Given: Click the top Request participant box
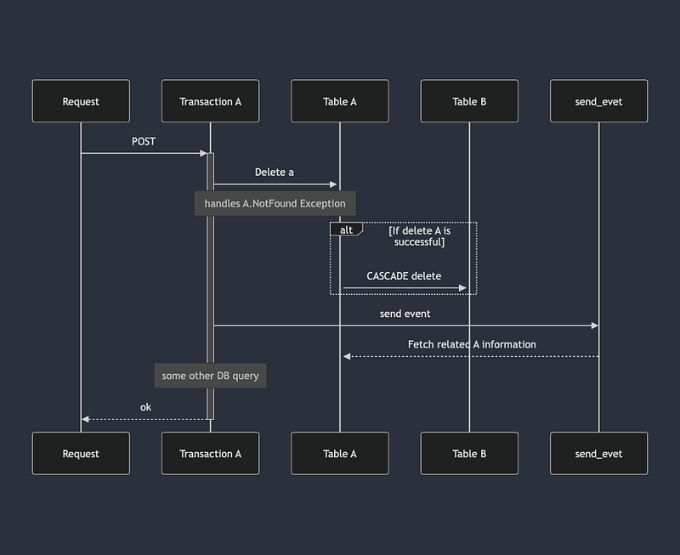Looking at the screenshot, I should click(x=81, y=101).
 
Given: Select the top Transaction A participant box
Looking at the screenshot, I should click(x=210, y=101).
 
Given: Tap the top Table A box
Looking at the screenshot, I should click(x=339, y=101).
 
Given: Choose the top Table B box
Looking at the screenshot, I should click(x=469, y=101).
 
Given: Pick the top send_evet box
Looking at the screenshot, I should click(x=598, y=101).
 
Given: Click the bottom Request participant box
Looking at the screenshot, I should click(x=81, y=454).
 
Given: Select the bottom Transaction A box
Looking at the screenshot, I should click(x=210, y=454).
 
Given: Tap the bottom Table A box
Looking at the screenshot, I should click(x=339, y=454).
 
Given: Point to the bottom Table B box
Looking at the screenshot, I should click(x=469, y=454).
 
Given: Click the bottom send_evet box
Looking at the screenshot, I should click(x=598, y=454).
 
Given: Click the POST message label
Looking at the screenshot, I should click(x=144, y=141).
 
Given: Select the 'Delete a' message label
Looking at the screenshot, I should click(x=275, y=172).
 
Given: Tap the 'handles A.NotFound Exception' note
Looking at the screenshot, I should click(x=275, y=204).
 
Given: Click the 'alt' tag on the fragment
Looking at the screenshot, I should click(x=346, y=229).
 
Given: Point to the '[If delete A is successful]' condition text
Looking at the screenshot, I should click(x=419, y=235).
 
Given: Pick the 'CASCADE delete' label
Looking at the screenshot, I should click(x=404, y=276).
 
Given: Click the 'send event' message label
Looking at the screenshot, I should click(x=405, y=314).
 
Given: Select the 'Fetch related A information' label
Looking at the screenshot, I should click(x=472, y=344).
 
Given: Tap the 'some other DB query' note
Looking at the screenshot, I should click(x=210, y=376).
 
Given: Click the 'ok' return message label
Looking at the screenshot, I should click(x=145, y=407).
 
